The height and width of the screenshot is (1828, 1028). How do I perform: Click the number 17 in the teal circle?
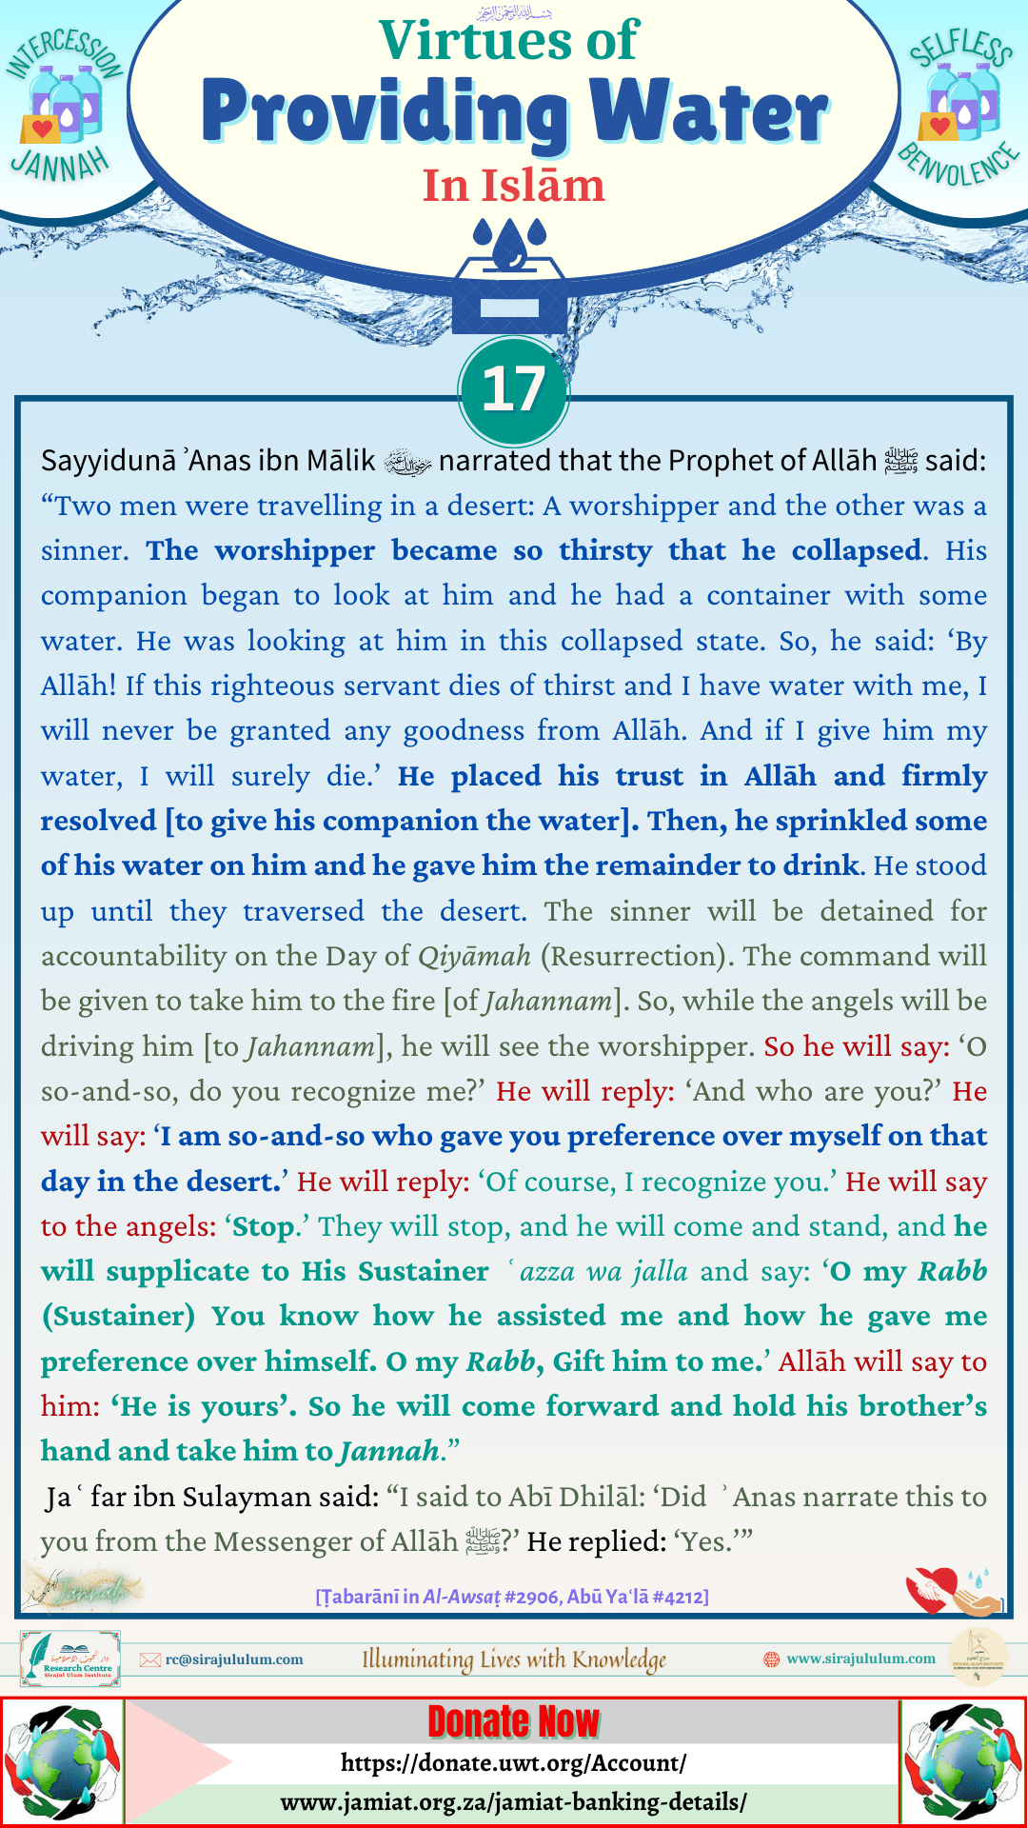513,389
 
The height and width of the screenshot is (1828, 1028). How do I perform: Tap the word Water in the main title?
709,112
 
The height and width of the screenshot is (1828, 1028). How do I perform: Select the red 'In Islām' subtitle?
514,186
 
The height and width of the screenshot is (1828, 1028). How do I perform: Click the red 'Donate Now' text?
514,1721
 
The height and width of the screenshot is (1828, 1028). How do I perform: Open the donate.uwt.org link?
514,1763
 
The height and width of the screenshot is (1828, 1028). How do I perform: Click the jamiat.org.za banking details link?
514,1802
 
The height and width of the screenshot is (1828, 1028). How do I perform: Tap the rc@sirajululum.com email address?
234,1659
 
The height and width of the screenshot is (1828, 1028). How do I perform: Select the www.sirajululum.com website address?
860,1659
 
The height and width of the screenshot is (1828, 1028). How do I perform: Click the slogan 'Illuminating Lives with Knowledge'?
514,1659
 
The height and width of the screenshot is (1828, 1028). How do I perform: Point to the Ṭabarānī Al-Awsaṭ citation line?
512,1597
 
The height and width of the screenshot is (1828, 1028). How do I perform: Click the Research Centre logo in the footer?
70,1659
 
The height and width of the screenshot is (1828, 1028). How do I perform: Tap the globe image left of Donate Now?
63,1761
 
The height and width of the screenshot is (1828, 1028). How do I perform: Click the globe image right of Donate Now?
963,1761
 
